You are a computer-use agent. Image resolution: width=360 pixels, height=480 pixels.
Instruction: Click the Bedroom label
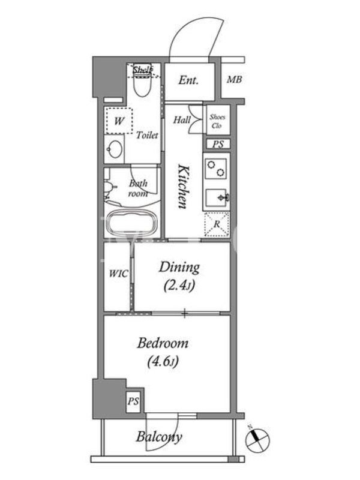click(x=163, y=343)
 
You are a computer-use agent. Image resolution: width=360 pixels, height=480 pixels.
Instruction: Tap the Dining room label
click(x=179, y=267)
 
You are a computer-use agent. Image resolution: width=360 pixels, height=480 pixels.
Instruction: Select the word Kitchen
click(x=183, y=187)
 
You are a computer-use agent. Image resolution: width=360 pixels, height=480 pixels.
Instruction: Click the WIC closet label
click(x=118, y=274)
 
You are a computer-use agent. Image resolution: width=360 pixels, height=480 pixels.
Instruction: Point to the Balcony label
click(x=159, y=437)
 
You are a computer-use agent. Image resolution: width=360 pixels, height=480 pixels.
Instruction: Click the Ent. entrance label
click(x=188, y=80)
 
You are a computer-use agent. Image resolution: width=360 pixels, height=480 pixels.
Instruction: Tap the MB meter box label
click(x=234, y=80)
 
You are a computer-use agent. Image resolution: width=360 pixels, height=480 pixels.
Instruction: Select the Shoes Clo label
click(x=218, y=121)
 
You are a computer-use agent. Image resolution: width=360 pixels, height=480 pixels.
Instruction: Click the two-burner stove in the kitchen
click(x=216, y=169)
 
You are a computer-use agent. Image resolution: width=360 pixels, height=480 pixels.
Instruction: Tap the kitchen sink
click(x=216, y=198)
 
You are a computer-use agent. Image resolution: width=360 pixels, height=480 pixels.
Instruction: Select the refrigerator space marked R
click(x=217, y=224)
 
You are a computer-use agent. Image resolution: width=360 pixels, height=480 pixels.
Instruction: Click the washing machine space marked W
click(x=119, y=121)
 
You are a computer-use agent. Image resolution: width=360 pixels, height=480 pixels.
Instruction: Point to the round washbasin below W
click(x=115, y=149)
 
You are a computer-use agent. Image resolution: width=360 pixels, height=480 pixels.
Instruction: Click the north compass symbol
click(x=257, y=440)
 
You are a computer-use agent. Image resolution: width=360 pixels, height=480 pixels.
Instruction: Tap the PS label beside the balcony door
click(x=133, y=401)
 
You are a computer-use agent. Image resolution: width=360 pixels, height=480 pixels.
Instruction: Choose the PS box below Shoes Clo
click(x=218, y=144)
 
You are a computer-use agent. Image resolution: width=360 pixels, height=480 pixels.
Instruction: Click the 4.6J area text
click(x=163, y=362)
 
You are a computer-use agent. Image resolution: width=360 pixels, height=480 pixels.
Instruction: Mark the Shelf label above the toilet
click(x=143, y=70)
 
